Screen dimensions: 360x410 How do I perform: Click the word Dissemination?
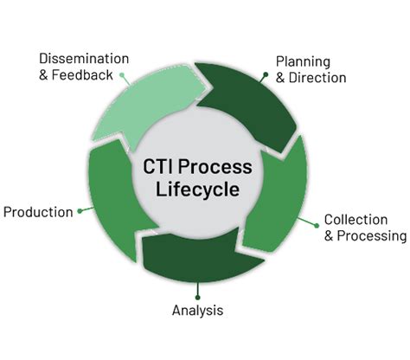click(84, 59)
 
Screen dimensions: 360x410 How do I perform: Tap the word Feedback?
click(86, 75)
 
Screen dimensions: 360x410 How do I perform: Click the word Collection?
click(356, 219)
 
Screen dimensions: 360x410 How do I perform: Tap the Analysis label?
click(196, 310)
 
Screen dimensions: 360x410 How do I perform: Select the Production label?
click(38, 212)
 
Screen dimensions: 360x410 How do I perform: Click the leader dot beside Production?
click(80, 210)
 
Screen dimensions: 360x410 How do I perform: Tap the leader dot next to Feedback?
click(123, 75)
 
